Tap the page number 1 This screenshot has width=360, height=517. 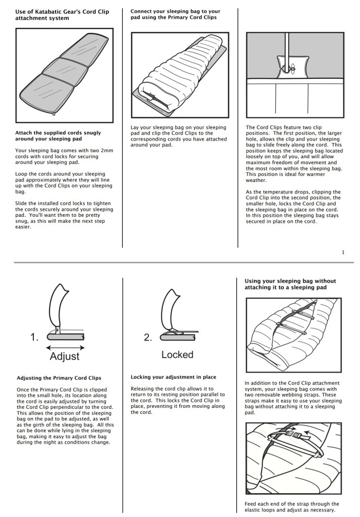pos(343,252)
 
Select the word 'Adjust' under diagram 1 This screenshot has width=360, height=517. pos(65,356)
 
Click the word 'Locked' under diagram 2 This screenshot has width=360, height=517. pos(177,355)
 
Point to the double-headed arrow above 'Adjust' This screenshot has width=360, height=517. pos(65,347)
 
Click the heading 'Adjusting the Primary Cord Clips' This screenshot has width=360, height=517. pos(59,378)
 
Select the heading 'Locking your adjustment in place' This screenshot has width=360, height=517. pos(173,377)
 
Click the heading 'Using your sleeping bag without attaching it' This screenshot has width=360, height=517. pos(290,284)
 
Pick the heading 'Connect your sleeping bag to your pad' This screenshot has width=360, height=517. pos(175,14)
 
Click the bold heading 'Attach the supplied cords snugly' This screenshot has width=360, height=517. pos(58,135)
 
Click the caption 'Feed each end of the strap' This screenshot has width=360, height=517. pos(291,506)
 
